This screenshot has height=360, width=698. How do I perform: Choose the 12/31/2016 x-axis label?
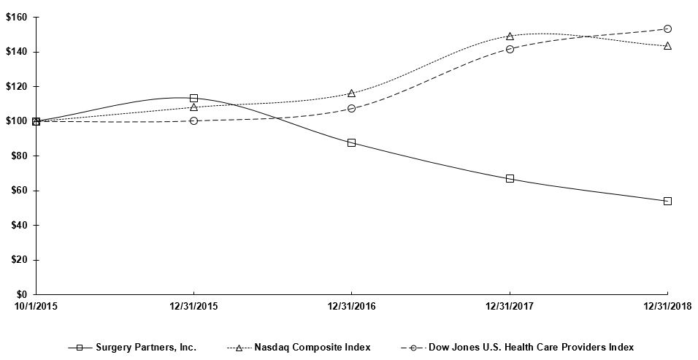(x=351, y=305)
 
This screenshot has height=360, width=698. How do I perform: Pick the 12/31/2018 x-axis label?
(x=667, y=305)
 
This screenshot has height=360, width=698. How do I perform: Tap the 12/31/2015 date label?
(x=193, y=305)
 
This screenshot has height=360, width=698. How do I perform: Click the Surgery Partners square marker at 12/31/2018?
(x=667, y=201)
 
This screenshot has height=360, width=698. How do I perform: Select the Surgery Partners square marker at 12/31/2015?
(x=193, y=98)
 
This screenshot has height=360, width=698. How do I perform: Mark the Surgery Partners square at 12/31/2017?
(x=510, y=178)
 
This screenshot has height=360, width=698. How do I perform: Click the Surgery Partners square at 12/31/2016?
(x=351, y=142)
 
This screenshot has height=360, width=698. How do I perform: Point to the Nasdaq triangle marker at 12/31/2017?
(x=510, y=36)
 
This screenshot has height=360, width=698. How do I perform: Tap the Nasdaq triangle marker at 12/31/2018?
(x=667, y=45)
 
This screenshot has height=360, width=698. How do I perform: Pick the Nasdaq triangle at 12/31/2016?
(x=351, y=93)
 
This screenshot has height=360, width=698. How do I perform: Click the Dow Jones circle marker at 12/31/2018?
(x=667, y=28)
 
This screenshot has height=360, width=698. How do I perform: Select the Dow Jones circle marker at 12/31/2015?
(x=193, y=120)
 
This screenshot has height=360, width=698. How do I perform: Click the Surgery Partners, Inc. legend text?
(x=146, y=347)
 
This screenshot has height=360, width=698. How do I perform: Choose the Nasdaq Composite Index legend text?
(x=312, y=347)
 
